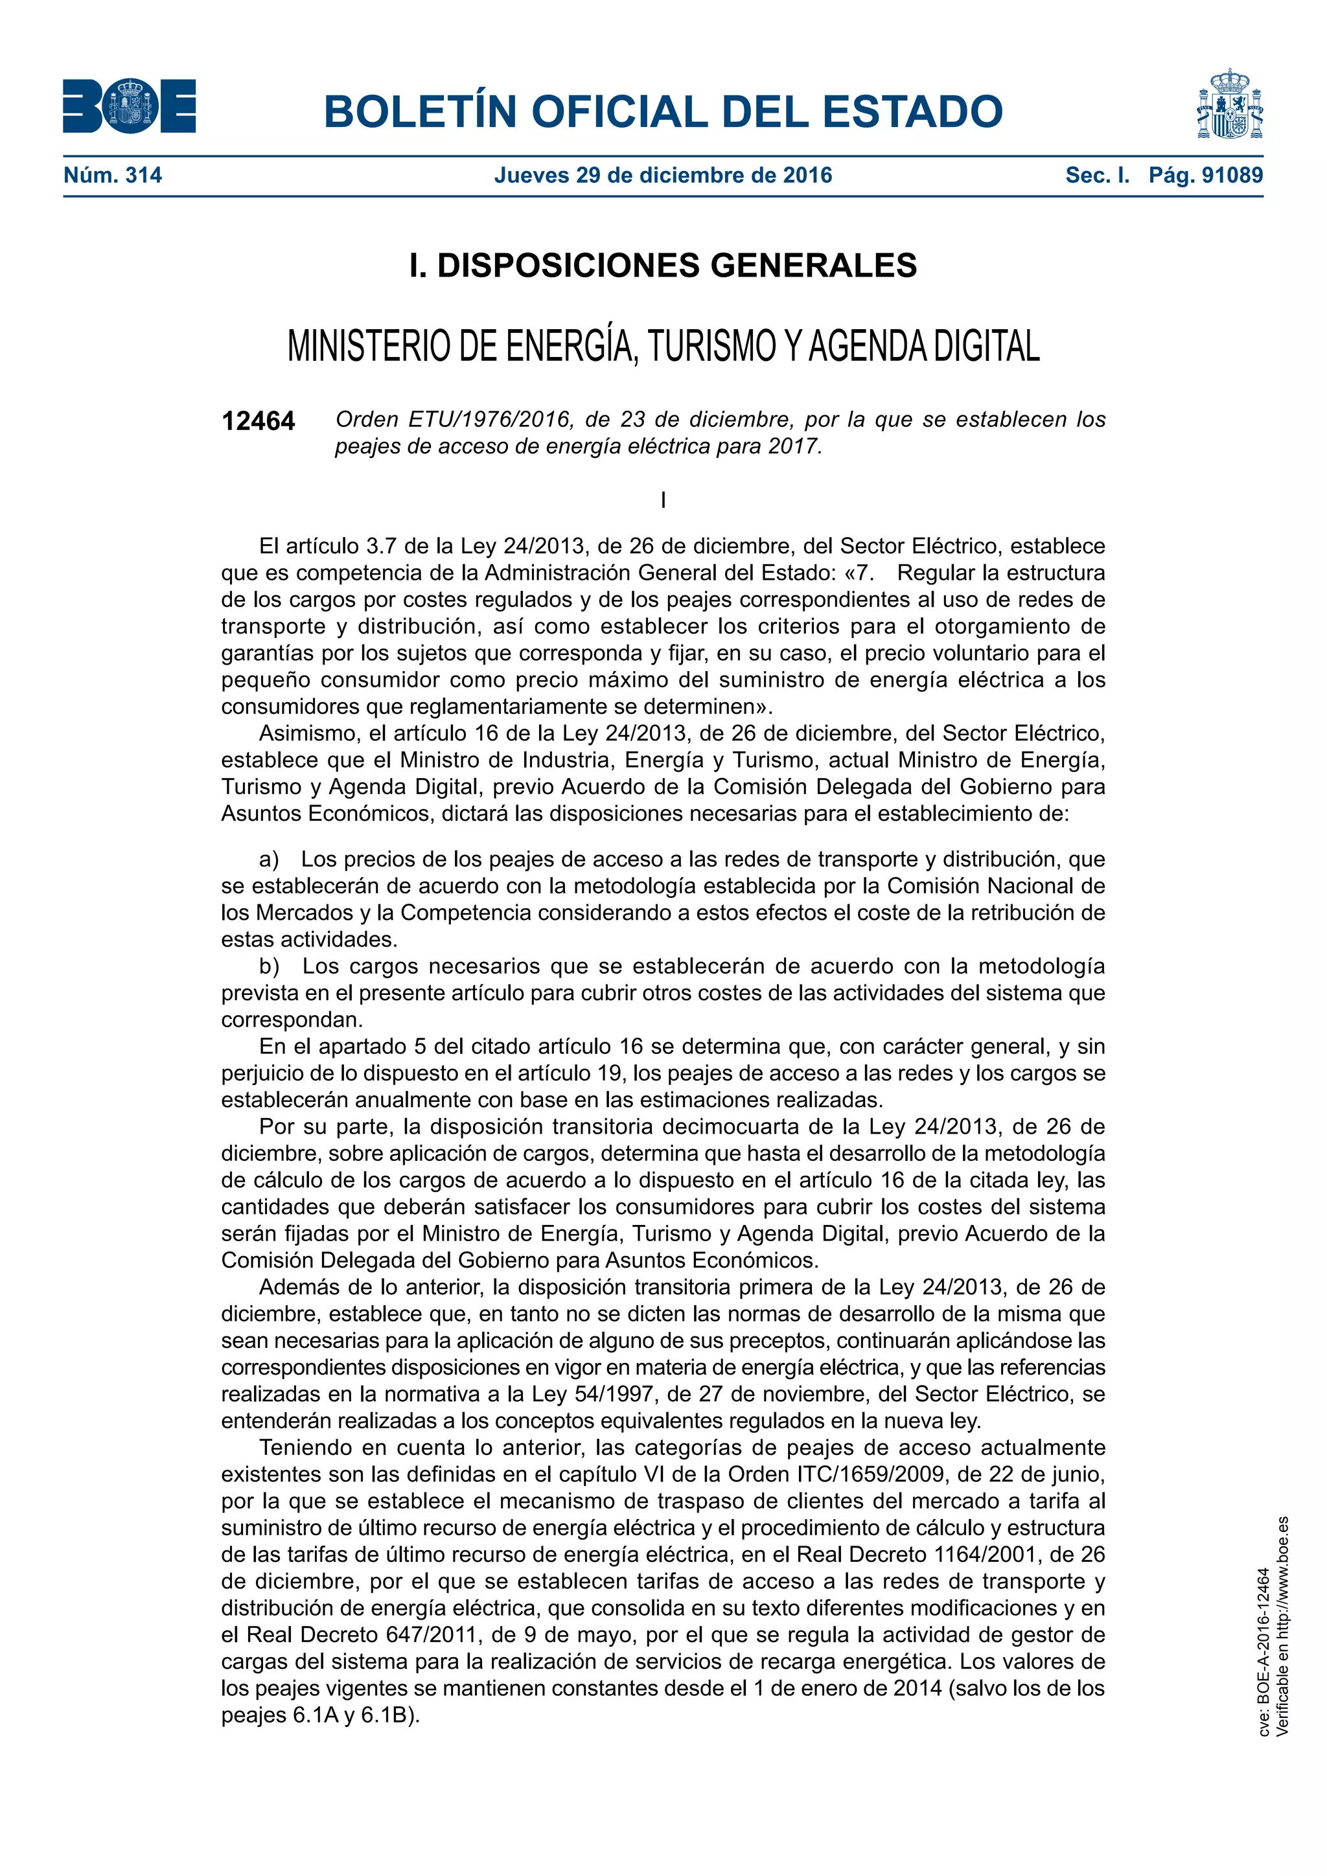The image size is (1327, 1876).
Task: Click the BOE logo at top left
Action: [x=129, y=106]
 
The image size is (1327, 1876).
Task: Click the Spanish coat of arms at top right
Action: [x=1230, y=104]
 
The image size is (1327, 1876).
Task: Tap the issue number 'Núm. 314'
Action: [x=113, y=175]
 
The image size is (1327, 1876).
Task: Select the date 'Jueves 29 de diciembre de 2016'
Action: [x=663, y=175]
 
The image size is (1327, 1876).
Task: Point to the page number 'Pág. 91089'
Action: [x=1205, y=175]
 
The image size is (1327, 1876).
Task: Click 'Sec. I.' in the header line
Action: [x=1098, y=175]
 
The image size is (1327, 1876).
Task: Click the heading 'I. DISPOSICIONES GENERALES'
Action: [x=663, y=266]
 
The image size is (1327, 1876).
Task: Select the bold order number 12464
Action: [x=259, y=421]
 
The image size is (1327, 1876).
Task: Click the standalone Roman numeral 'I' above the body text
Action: [x=663, y=500]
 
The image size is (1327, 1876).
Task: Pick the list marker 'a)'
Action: [x=269, y=859]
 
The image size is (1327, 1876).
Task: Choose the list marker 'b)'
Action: [x=269, y=966]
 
